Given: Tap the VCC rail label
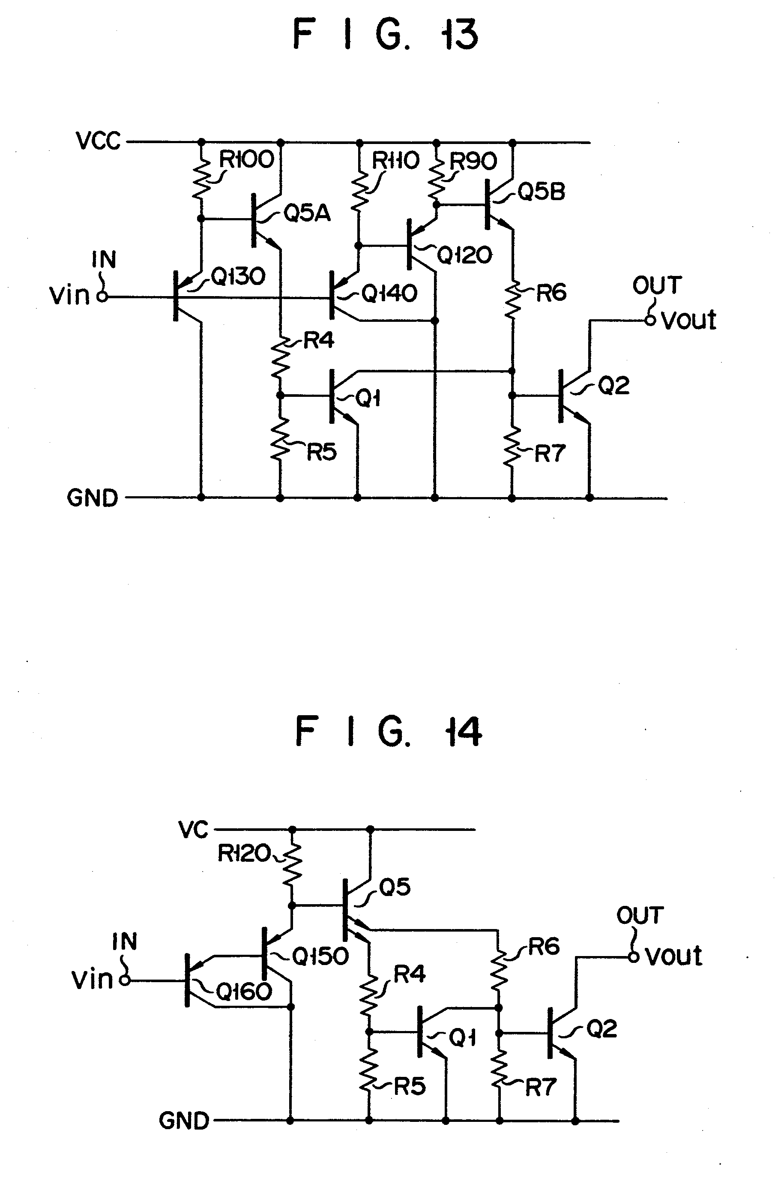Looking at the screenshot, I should (98, 141).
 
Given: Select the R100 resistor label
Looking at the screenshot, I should (246, 160).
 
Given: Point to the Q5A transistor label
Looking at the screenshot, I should (307, 213).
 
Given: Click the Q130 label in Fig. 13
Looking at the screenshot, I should (238, 276).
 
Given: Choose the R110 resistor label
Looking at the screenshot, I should (395, 161).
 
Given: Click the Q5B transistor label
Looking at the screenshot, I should (541, 192).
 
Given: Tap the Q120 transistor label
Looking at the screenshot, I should (464, 256).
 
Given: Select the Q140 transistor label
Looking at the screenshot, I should (389, 294).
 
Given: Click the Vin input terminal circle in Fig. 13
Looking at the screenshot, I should (102, 297).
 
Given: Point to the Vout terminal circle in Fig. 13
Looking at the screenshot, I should (650, 320).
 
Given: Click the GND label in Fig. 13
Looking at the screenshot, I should (93, 498).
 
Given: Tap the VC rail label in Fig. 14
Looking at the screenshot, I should (193, 830).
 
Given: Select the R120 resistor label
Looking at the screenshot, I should (244, 853).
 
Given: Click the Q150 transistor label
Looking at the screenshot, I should (320, 956).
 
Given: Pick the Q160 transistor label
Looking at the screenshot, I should (244, 992).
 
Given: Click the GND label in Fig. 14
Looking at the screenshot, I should (184, 1121).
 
